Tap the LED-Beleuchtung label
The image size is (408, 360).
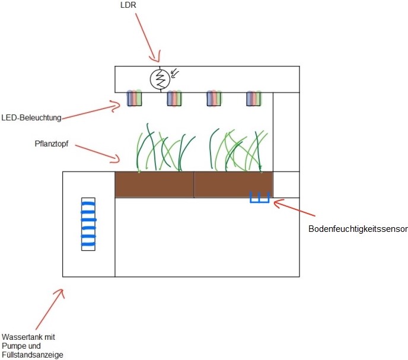coord(31,118)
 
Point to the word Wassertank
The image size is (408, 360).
coord(20,337)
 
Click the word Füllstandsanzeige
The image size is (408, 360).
coord(32,355)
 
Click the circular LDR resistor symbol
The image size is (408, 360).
coord(159,79)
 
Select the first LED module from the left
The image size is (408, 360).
coord(134,98)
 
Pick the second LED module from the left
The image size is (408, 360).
coord(174,98)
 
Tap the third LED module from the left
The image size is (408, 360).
coord(214,98)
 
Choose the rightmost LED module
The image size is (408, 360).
coord(254,98)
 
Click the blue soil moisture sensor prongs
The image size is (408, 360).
coord(259,197)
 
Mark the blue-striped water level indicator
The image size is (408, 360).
coord(88,224)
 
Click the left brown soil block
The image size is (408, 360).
coord(154,184)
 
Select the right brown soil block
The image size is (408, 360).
coord(233,184)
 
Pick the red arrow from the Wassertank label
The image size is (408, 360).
coord(50,308)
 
